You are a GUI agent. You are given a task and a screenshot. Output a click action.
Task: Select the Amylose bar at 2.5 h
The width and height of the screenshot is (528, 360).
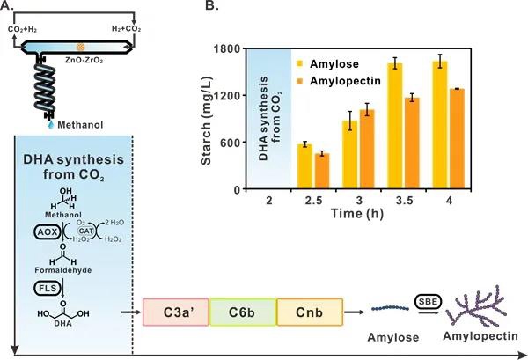pos(304,166)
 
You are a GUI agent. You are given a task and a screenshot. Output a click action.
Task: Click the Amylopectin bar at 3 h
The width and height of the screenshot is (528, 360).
pos(367,150)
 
